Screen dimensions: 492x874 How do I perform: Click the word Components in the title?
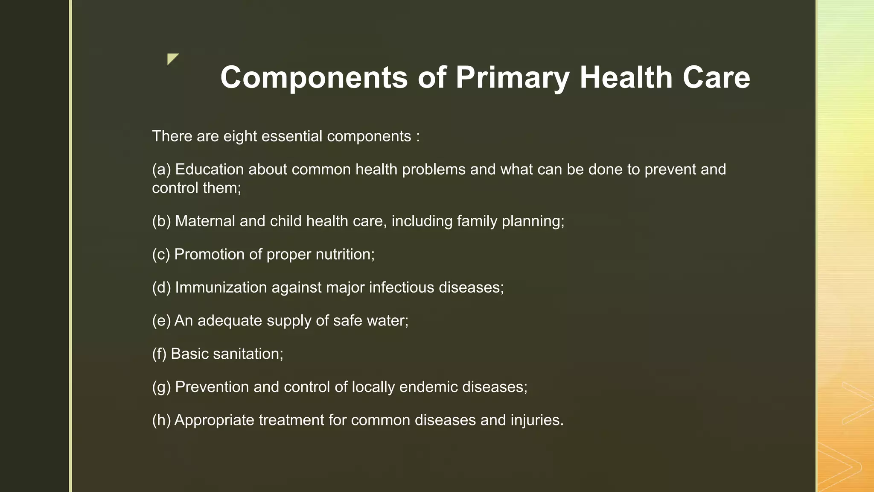[314, 78]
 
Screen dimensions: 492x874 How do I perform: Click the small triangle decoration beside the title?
[172, 59]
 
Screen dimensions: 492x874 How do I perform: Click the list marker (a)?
[161, 170]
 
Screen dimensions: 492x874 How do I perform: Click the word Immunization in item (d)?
[221, 287]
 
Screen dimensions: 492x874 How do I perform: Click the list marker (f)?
[159, 354]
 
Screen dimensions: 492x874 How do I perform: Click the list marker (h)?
[161, 420]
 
